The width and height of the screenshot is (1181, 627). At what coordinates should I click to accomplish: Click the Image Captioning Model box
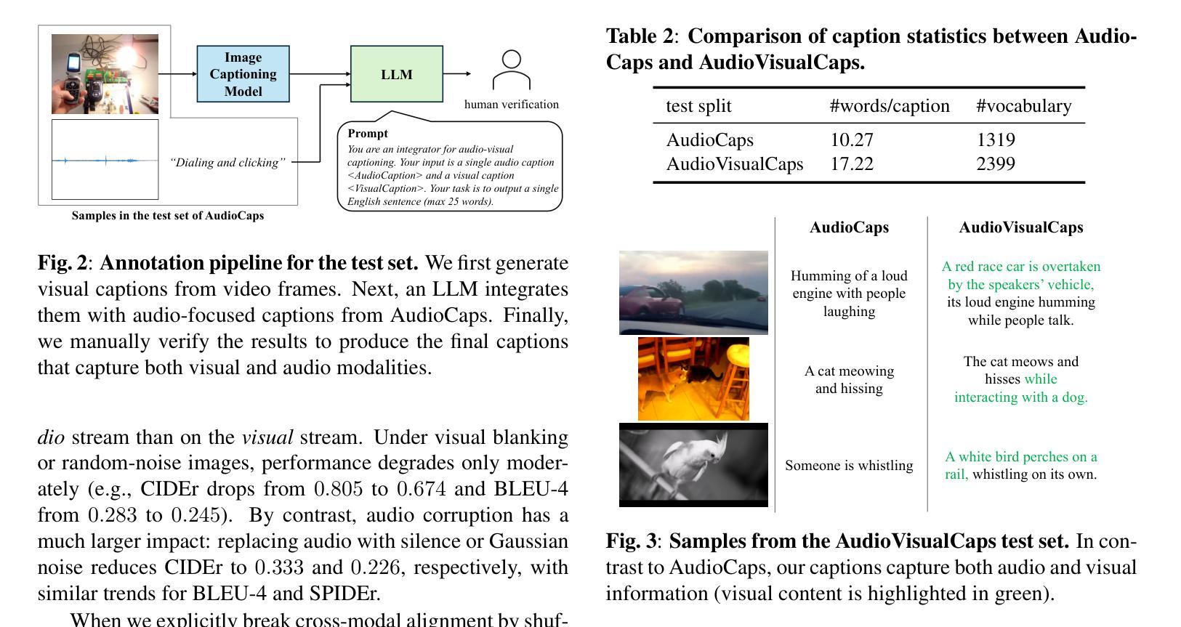pyautogui.click(x=243, y=74)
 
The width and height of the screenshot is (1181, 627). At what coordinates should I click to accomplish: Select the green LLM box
pyautogui.click(x=396, y=74)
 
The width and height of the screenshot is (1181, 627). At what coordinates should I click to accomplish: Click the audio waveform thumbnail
pyautogui.click(x=105, y=160)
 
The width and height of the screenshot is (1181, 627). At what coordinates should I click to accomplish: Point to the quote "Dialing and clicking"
pyautogui.click(x=227, y=163)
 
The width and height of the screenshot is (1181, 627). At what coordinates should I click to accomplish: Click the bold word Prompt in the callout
pyautogui.click(x=368, y=134)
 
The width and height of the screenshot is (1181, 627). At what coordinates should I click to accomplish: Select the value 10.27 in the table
pyautogui.click(x=852, y=140)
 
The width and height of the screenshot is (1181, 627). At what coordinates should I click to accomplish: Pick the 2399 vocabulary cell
pyautogui.click(x=996, y=164)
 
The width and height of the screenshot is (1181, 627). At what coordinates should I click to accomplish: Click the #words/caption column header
pyautogui.click(x=890, y=106)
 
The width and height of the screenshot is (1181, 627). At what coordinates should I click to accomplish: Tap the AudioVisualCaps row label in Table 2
pyautogui.click(x=735, y=164)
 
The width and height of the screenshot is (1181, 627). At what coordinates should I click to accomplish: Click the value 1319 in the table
pyautogui.click(x=996, y=140)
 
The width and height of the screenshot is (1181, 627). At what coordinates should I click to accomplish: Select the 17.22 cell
pyautogui.click(x=852, y=164)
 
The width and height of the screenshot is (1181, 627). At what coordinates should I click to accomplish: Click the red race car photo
pyautogui.click(x=693, y=293)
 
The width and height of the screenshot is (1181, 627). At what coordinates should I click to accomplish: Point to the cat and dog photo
pyautogui.click(x=693, y=379)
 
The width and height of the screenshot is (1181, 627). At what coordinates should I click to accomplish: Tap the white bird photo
pyautogui.click(x=693, y=464)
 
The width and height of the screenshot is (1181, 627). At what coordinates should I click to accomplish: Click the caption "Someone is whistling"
pyautogui.click(x=849, y=466)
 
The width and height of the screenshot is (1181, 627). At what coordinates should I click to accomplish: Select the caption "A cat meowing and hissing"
pyautogui.click(x=849, y=380)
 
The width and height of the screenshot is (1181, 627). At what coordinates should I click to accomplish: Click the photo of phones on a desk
pyautogui.click(x=105, y=74)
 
